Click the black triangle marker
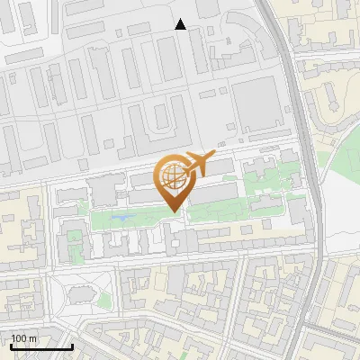[181, 24]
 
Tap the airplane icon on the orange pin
[197, 165]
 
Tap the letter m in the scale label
[34, 338]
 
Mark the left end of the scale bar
[9, 346]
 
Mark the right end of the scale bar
[73, 346]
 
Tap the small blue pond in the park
[122, 217]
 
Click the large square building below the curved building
[256, 101]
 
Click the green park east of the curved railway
[343, 153]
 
